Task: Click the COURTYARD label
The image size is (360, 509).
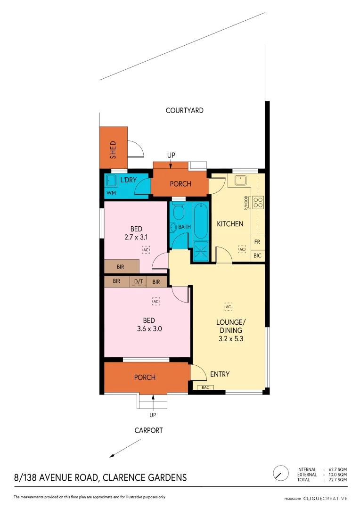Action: pos(184,110)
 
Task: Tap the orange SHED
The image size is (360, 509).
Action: pos(113,147)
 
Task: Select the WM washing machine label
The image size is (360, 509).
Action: pos(111,193)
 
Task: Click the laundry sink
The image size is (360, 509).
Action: pos(111,181)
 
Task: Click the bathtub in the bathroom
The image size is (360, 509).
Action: pos(200,220)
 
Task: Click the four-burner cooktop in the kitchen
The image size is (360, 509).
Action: pos(258,203)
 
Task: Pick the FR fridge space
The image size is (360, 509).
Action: pos(258,241)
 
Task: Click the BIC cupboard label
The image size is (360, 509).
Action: pos(258,256)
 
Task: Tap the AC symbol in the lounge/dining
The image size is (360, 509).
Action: pos(229,307)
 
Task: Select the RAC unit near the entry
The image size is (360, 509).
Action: pos(205,387)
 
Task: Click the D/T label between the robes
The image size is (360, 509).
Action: pos(139,282)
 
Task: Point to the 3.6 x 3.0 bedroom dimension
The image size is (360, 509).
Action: pos(149,329)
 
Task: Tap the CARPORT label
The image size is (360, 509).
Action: pos(148,430)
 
